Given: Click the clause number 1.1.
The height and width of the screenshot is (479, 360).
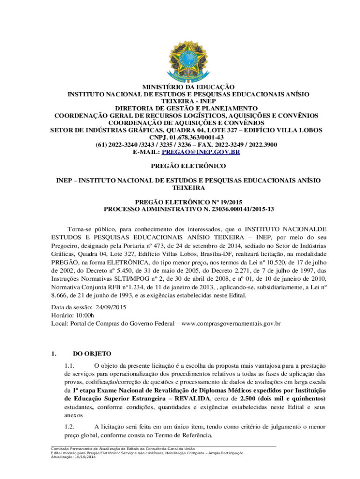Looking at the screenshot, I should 70,365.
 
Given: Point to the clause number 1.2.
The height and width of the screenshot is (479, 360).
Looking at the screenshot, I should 70,427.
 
